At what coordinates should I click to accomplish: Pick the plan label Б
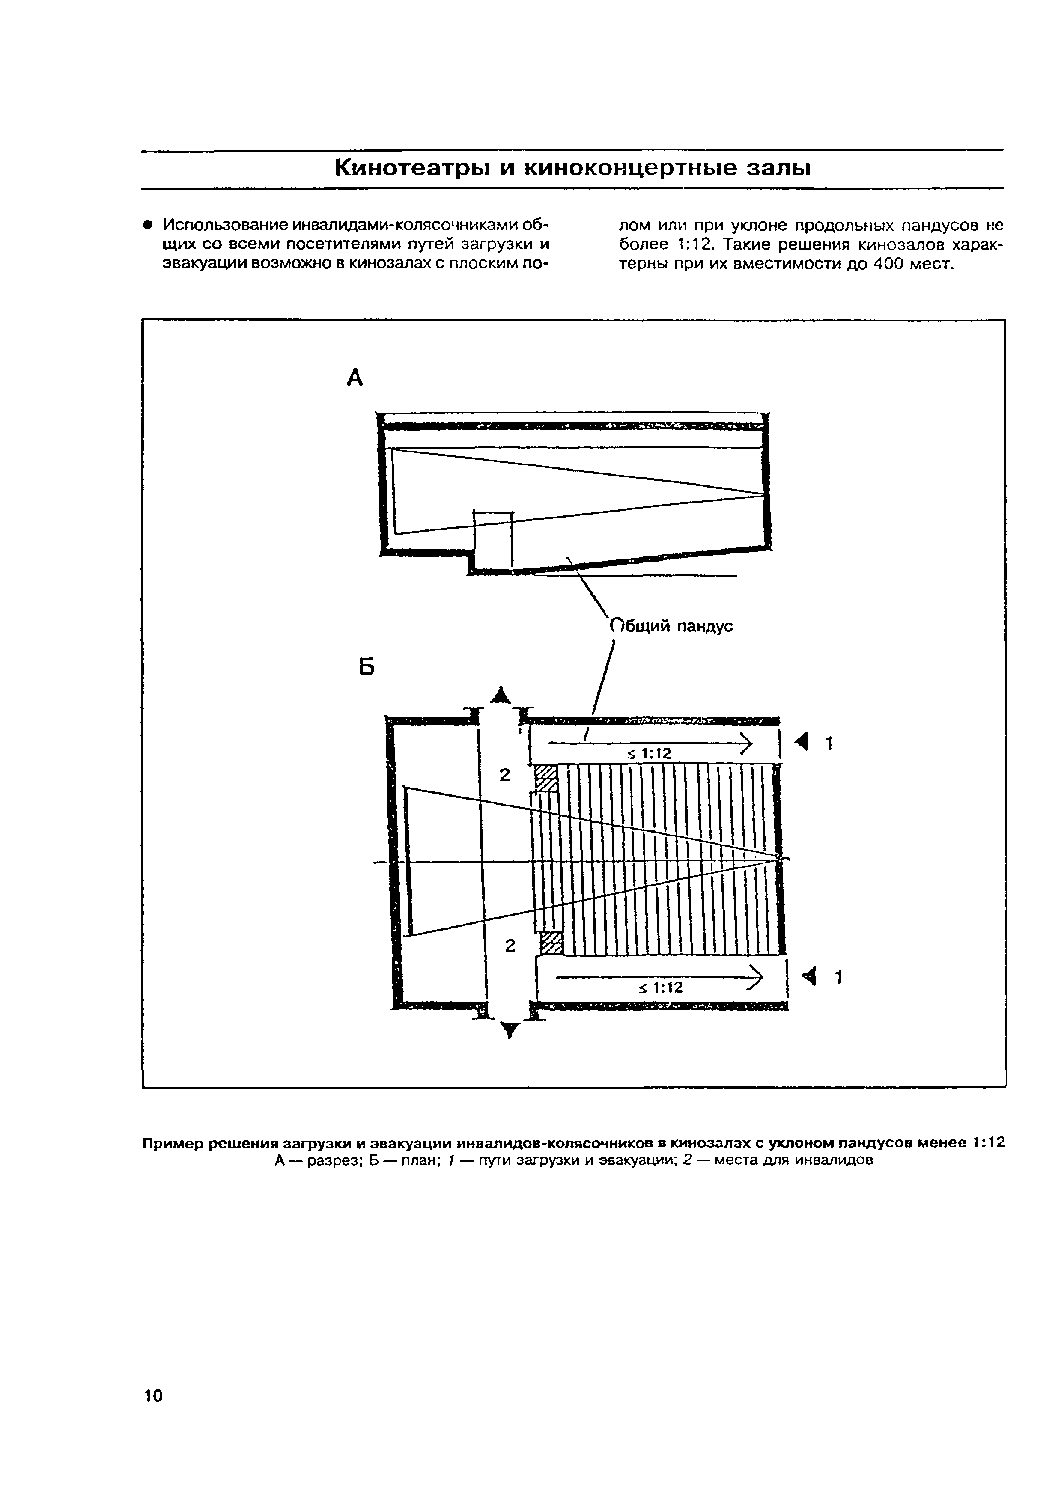point(367,667)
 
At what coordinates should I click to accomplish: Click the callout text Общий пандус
point(671,626)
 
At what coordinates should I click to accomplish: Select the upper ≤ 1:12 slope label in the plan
point(649,754)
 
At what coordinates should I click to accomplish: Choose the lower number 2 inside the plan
point(510,946)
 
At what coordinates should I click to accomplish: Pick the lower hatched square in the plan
point(551,944)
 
